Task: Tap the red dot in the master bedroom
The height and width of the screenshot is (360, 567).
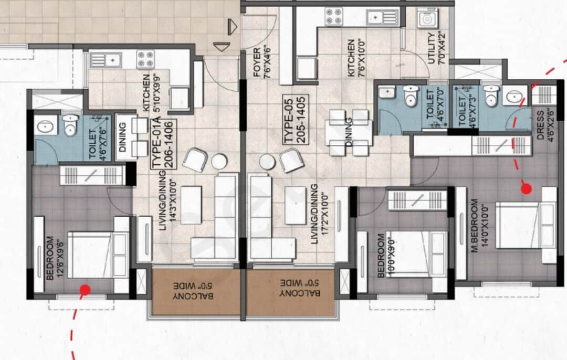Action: pyautogui.click(x=526, y=188)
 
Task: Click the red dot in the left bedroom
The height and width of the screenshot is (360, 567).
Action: pyautogui.click(x=84, y=289)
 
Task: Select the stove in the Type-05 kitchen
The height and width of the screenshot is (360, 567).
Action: pyautogui.click(x=333, y=16)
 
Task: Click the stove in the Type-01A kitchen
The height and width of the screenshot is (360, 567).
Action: pyautogui.click(x=145, y=59)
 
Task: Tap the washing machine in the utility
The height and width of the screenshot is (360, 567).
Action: pyautogui.click(x=427, y=18)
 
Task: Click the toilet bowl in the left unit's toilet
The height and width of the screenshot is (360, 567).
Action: pyautogui.click(x=69, y=126)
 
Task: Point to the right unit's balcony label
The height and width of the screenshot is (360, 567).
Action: pyautogui.click(x=292, y=292)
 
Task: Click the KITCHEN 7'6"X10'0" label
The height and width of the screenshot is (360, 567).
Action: pyautogui.click(x=355, y=58)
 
